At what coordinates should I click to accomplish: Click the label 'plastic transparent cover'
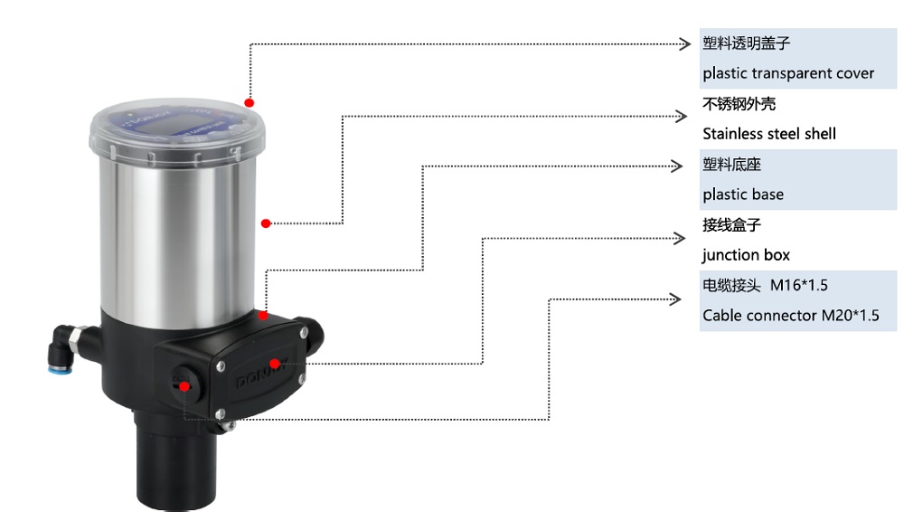click(x=788, y=73)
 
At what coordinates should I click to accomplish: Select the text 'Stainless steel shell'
click(x=769, y=134)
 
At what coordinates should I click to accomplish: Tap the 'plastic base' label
click(x=743, y=194)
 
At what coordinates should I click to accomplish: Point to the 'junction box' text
click(x=746, y=255)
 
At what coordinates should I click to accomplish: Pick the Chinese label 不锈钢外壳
click(x=739, y=104)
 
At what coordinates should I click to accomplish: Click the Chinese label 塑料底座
click(x=731, y=165)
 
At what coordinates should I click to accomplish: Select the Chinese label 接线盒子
click(x=731, y=225)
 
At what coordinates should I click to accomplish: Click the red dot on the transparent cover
click(x=249, y=103)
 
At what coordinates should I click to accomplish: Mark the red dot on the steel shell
click(x=265, y=223)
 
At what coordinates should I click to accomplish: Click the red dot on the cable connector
click(x=184, y=385)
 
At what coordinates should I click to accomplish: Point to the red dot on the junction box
click(x=274, y=364)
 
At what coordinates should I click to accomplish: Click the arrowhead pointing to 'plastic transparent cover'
click(x=684, y=43)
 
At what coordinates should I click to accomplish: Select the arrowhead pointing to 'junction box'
click(x=681, y=238)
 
